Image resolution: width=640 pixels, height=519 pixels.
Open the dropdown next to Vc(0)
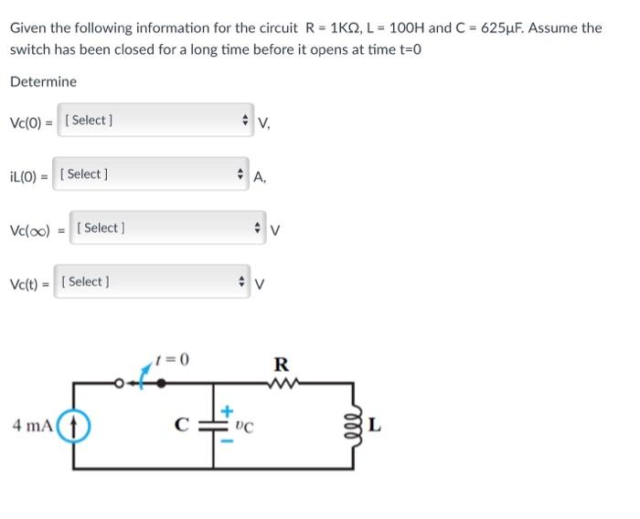click(155, 121)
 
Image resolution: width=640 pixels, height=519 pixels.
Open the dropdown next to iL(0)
click(152, 175)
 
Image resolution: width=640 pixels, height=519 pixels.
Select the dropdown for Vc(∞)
click(170, 228)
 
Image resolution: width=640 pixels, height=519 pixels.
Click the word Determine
click(43, 82)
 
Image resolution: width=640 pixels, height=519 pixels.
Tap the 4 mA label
click(32, 426)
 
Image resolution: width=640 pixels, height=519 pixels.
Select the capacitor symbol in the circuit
click(214, 426)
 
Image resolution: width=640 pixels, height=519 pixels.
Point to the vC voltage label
click(244, 426)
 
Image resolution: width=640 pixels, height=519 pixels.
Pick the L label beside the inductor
click(375, 426)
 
